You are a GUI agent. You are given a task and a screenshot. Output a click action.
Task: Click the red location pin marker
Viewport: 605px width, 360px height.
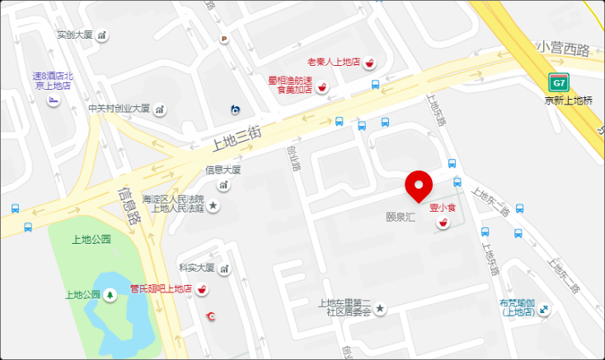[420, 185]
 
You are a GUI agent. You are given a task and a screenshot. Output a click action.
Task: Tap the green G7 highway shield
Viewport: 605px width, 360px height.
[559, 83]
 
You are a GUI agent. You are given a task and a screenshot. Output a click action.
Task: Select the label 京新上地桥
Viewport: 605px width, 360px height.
[569, 101]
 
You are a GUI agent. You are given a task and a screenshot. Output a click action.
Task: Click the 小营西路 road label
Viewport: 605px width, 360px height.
[564, 49]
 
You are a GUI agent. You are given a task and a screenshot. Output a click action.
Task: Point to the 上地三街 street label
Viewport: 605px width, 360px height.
[237, 136]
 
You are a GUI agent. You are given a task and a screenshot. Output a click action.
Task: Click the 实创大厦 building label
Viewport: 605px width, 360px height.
[75, 35]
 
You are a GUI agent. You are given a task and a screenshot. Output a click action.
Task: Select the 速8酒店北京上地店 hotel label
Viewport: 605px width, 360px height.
[52, 80]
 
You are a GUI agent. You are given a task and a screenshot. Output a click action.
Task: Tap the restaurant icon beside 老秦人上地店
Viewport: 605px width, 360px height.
[371, 63]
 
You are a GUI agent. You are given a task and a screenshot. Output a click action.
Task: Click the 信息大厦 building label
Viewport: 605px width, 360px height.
[223, 171]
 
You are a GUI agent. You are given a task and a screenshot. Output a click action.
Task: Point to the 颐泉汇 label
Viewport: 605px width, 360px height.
[400, 217]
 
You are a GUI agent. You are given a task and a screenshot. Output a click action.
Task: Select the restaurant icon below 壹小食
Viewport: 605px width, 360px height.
[443, 224]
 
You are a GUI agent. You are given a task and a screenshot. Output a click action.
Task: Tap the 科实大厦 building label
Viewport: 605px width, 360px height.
[197, 269]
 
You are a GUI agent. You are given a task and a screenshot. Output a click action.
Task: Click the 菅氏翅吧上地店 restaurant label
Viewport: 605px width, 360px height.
[161, 289]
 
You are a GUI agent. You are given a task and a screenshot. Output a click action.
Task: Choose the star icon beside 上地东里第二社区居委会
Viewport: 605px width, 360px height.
[380, 308]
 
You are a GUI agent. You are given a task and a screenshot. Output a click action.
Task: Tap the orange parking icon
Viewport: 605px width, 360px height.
[223, 38]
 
